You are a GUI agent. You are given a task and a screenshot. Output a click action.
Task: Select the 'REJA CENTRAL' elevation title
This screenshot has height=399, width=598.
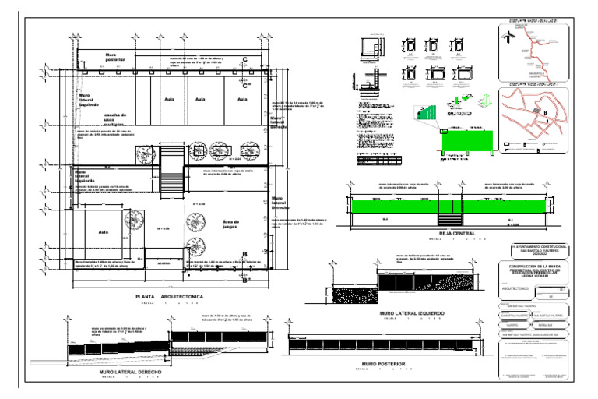point(457,233)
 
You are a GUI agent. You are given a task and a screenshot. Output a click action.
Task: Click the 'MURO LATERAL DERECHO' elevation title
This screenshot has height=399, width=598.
point(130,373)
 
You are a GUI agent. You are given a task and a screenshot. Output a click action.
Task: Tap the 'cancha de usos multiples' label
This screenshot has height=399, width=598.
point(114,119)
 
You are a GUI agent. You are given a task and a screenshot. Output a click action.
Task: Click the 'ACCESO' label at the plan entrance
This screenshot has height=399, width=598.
point(164,264)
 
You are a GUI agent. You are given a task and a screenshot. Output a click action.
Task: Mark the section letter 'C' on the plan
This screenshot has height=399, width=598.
point(245,60)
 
